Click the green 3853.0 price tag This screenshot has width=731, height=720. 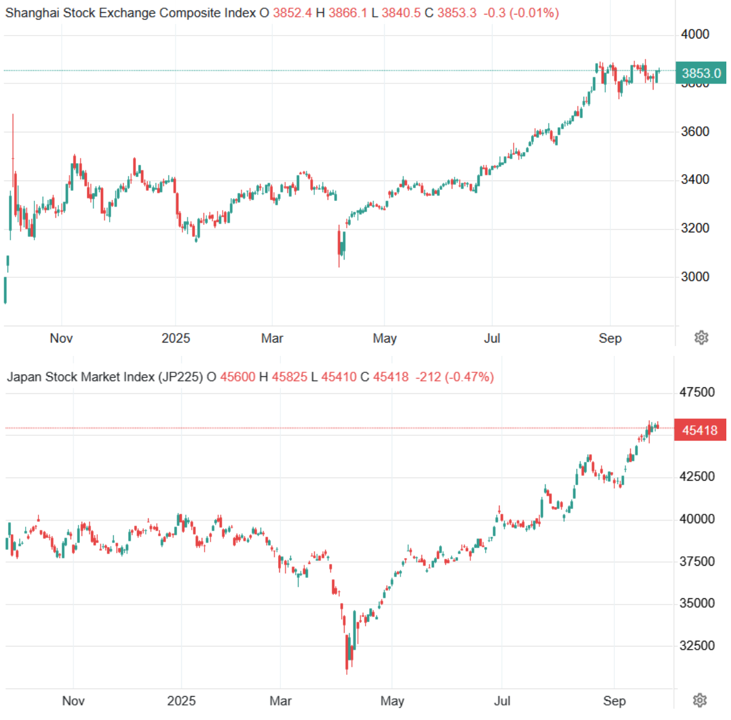pyautogui.click(x=701, y=73)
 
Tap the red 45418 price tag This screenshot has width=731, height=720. pyautogui.click(x=700, y=430)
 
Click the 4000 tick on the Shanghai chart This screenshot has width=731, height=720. pyautogui.click(x=695, y=34)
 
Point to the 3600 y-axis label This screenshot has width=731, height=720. pyautogui.click(x=695, y=132)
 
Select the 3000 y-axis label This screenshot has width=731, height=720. pyautogui.click(x=695, y=277)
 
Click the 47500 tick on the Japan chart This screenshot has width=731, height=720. pyautogui.click(x=697, y=393)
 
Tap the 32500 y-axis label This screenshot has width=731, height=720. pyautogui.click(x=697, y=645)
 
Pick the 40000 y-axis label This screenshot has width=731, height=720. pyautogui.click(x=697, y=519)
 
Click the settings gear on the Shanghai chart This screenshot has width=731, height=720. pyautogui.click(x=701, y=338)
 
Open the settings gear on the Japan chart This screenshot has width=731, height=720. pyautogui.click(x=700, y=700)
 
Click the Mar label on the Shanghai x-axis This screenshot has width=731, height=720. pyautogui.click(x=272, y=338)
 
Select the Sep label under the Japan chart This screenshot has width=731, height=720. pyautogui.click(x=614, y=701)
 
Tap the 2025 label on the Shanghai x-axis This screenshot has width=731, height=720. pyautogui.click(x=175, y=338)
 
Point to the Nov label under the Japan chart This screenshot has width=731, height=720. pyautogui.click(x=73, y=701)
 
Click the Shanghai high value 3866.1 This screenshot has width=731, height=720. pyautogui.click(x=348, y=13)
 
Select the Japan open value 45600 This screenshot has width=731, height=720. pyautogui.click(x=237, y=377)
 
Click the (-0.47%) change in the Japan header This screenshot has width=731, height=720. pyautogui.click(x=469, y=377)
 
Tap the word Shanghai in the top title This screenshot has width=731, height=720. pyautogui.click(x=32, y=13)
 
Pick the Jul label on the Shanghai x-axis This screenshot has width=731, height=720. pyautogui.click(x=492, y=338)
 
